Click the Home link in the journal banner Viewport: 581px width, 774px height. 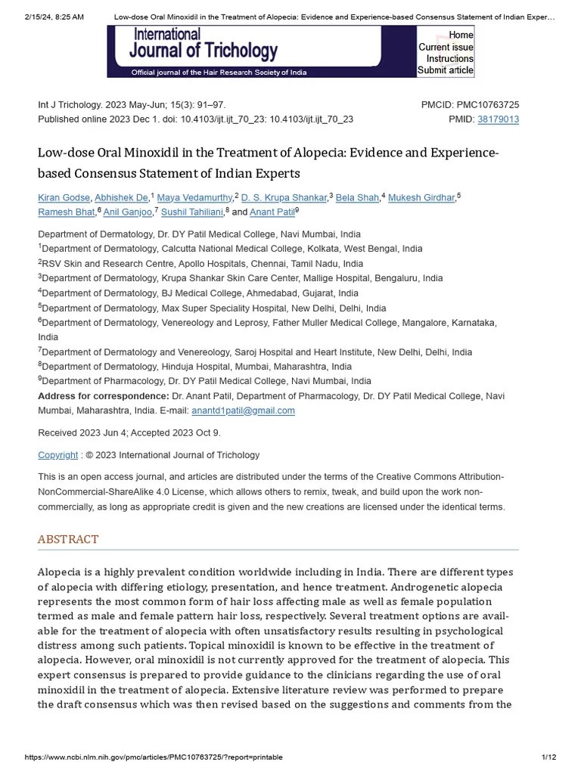[x=461, y=35]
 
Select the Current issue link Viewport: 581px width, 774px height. [x=446, y=47]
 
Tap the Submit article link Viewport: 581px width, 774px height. [x=446, y=70]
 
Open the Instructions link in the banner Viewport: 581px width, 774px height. [x=449, y=59]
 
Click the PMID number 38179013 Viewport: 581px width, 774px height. [x=498, y=119]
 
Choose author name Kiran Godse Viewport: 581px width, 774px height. [x=64, y=198]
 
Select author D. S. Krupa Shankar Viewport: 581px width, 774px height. [x=284, y=198]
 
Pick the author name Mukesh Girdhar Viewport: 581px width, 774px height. [x=421, y=198]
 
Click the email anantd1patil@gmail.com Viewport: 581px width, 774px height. [x=243, y=410]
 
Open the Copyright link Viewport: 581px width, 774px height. [x=57, y=455]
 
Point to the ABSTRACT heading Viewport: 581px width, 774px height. [x=68, y=539]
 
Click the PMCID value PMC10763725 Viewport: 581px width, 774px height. [x=488, y=105]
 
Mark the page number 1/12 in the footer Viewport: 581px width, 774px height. [x=548, y=757]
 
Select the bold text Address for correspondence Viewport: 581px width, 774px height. [x=103, y=396]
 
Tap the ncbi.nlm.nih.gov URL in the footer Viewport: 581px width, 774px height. [x=154, y=757]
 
